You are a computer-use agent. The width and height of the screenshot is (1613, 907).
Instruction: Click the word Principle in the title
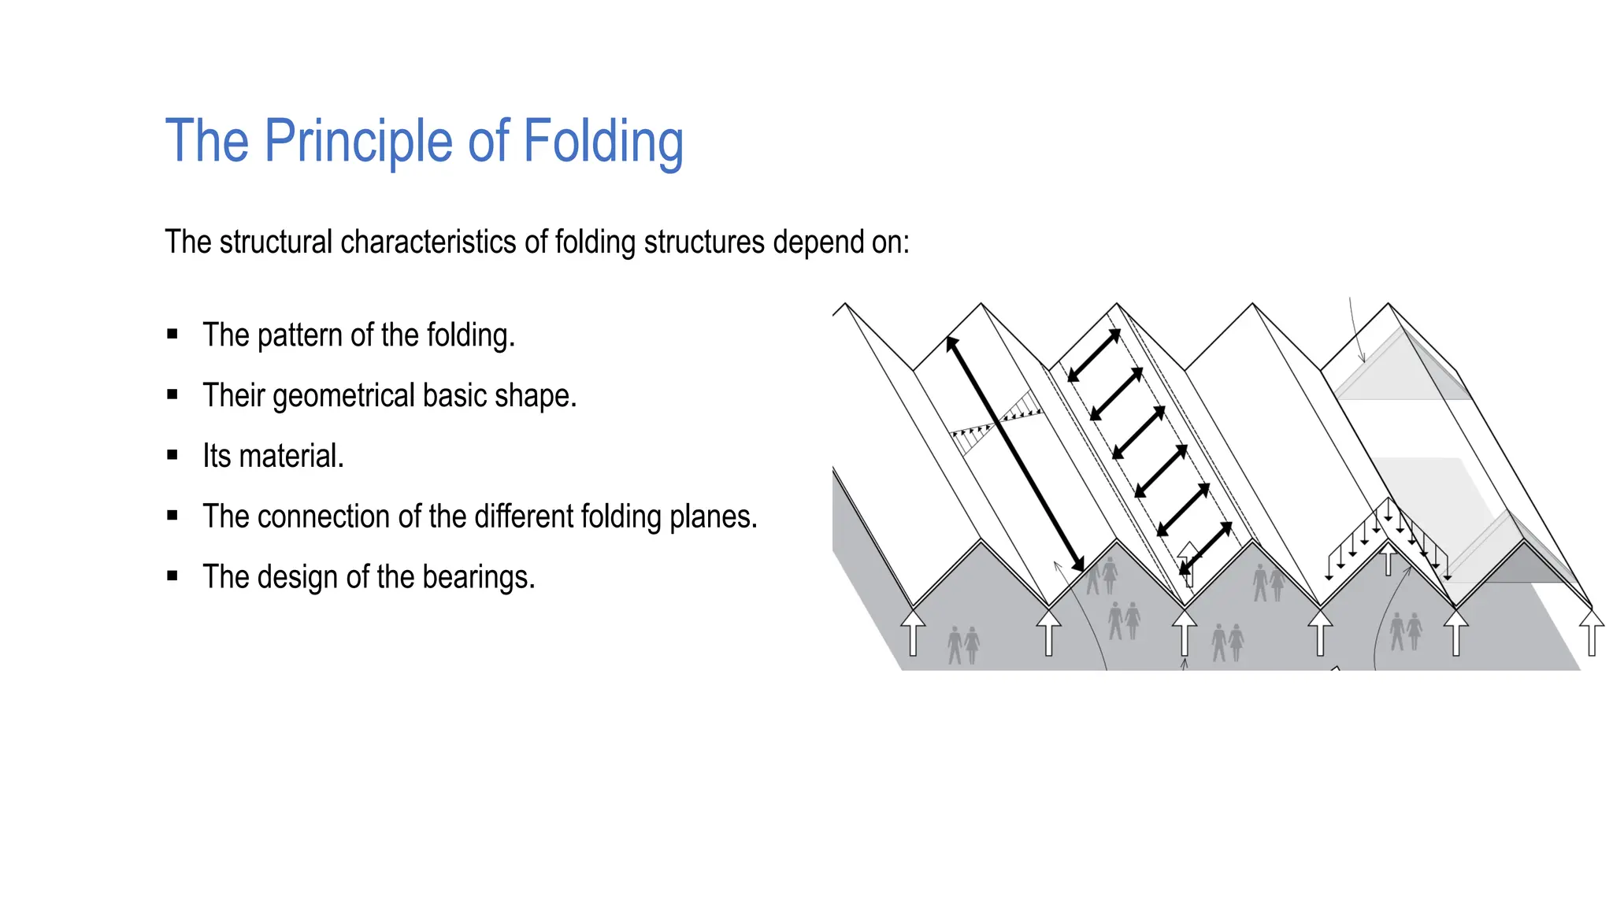click(x=358, y=142)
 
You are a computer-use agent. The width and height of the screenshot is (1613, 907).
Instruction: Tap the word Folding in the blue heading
click(x=603, y=142)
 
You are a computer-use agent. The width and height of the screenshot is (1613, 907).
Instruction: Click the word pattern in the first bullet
click(x=300, y=335)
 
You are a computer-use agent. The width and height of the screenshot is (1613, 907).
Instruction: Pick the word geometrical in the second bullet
click(x=343, y=396)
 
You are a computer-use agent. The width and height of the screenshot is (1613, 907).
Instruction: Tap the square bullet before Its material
click(x=172, y=455)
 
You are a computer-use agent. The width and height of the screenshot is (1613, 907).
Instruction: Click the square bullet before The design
click(x=172, y=576)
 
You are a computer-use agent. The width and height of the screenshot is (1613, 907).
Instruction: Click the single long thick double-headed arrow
click(x=1015, y=453)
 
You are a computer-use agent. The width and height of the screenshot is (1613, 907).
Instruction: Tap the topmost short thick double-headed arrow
click(x=1094, y=356)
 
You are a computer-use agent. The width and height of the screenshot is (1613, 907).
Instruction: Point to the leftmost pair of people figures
click(x=963, y=645)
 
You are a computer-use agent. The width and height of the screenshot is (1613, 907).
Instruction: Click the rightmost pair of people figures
click(x=1406, y=631)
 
